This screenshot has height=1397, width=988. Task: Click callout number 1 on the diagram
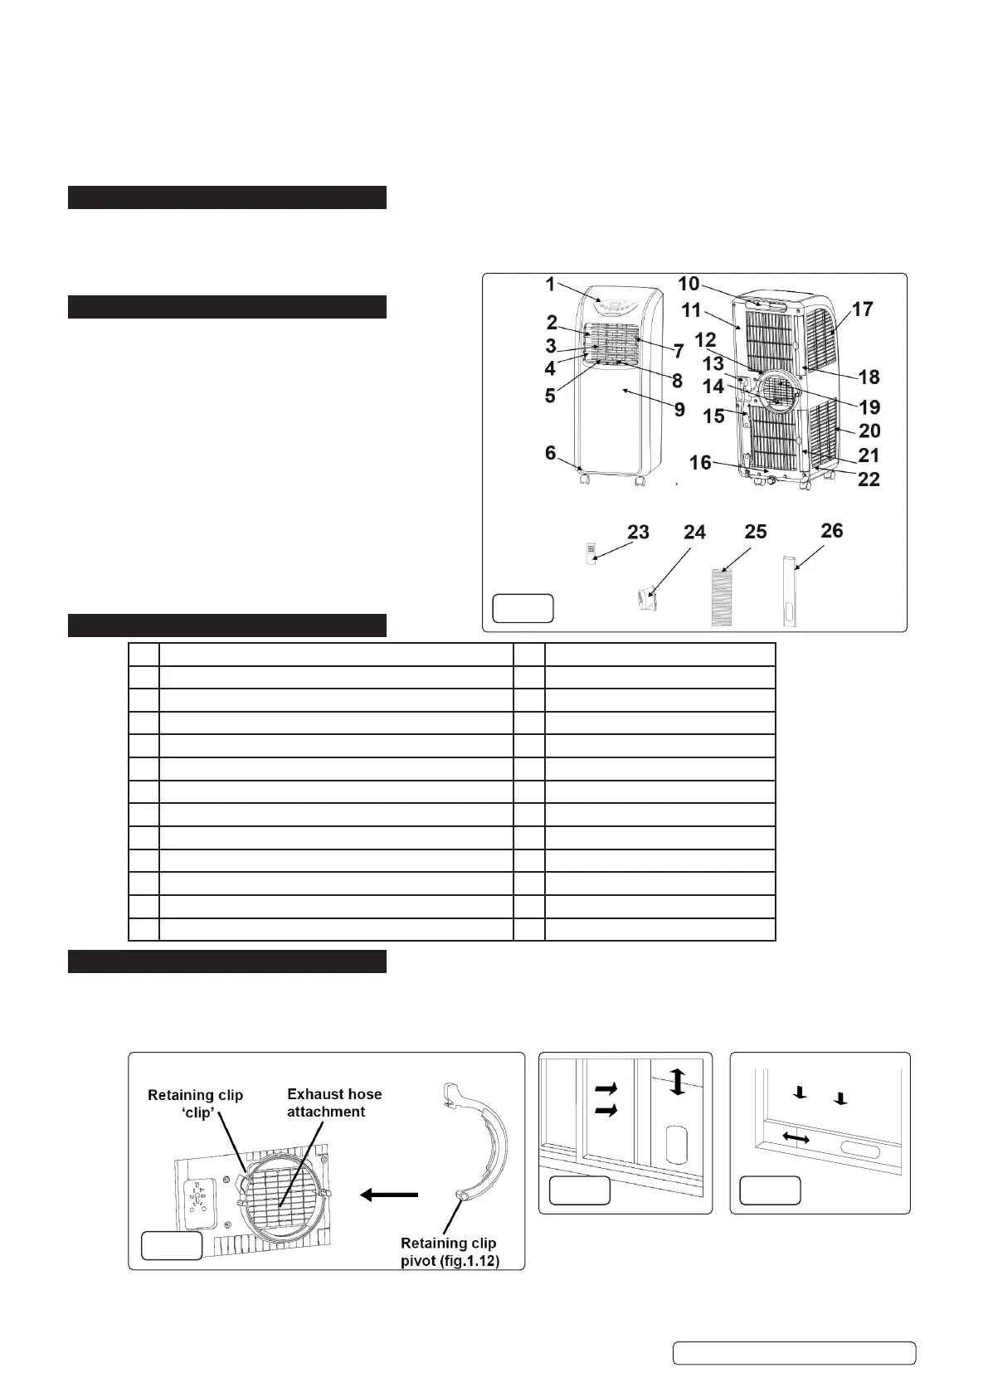550,285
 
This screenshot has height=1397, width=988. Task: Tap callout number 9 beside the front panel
679,409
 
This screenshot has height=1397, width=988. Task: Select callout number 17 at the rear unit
863,309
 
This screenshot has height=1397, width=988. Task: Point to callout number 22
869,479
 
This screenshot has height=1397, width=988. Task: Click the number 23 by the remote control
638,532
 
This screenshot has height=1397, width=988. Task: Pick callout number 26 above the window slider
831,530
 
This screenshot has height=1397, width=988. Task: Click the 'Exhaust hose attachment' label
334,1103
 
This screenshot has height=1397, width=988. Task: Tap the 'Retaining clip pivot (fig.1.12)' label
449,1251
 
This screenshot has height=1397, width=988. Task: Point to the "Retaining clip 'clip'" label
195,1103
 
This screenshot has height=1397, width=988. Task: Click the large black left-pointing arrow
389,1194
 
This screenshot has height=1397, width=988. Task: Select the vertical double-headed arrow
678,1083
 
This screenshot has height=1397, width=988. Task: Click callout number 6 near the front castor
550,452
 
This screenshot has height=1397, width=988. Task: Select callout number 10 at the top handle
689,284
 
